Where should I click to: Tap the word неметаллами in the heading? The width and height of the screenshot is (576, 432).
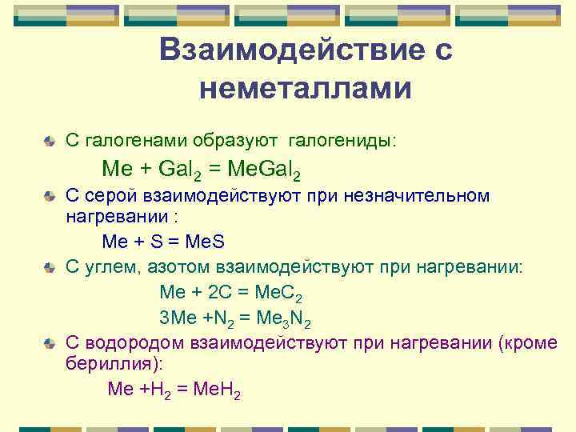click(x=306, y=89)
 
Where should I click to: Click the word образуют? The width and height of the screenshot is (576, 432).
click(x=234, y=141)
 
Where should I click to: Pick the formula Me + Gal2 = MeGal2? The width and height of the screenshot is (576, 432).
click(x=202, y=170)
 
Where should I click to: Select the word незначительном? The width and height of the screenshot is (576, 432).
click(x=422, y=197)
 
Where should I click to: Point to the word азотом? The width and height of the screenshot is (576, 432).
click(x=167, y=266)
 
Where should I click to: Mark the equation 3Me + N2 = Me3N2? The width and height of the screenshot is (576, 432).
click(x=235, y=319)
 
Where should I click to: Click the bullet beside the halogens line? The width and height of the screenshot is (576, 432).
click(x=50, y=142)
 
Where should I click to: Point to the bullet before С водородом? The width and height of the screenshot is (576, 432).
click(x=50, y=344)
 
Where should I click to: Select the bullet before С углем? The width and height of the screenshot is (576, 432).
click(x=50, y=267)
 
